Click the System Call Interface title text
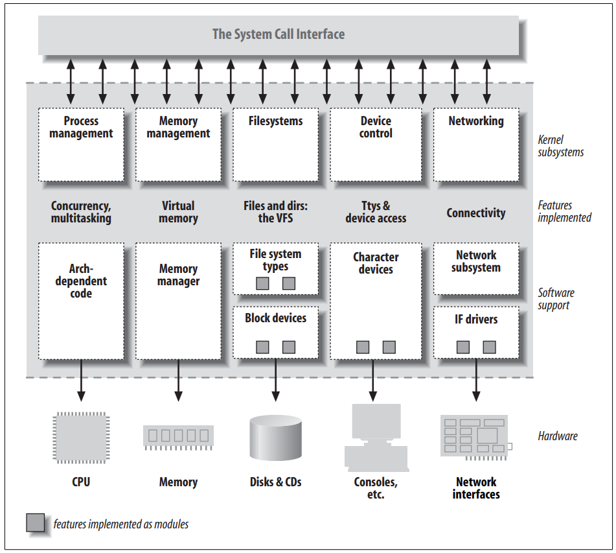click(x=279, y=34)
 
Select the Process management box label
click(x=81, y=127)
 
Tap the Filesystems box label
click(x=275, y=121)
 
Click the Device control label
click(x=376, y=127)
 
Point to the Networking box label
click(x=475, y=121)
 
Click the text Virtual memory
click(x=178, y=212)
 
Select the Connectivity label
click(x=475, y=213)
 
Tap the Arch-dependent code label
click(x=81, y=281)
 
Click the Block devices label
click(x=275, y=318)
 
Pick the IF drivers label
click(x=475, y=319)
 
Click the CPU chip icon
click(x=81, y=438)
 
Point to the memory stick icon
click(x=178, y=437)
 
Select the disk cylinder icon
click(x=275, y=438)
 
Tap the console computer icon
click(x=376, y=438)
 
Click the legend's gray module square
click(x=36, y=523)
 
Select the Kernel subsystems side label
click(x=560, y=146)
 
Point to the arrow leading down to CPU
click(x=81, y=380)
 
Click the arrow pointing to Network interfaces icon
click(x=476, y=380)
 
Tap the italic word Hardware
click(x=558, y=436)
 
